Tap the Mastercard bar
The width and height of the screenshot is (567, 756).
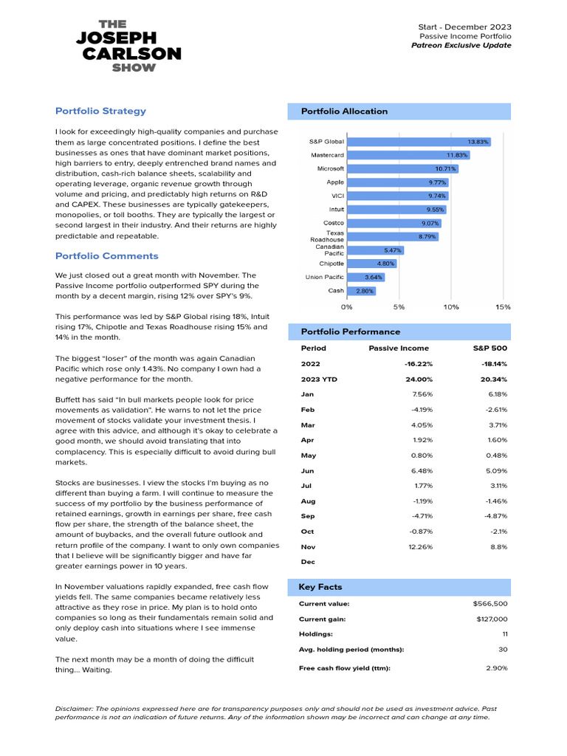pos(408,155)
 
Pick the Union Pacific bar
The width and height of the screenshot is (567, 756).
pos(365,277)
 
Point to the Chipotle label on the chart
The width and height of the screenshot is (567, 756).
pos(331,264)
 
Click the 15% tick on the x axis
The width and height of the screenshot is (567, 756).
pos(502,306)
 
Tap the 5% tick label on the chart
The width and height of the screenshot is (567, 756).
pos(399,306)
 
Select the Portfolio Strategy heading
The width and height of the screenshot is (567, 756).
pos(100,111)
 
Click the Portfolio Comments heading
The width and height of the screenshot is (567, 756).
pos(106,256)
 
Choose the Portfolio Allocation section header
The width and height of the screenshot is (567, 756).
pos(344,111)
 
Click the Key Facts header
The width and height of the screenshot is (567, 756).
pos(320,587)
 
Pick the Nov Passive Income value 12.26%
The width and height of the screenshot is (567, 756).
pos(419,546)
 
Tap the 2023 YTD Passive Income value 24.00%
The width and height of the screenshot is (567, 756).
pos(419,379)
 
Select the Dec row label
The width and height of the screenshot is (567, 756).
pos(308,562)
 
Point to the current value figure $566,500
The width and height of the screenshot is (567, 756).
pos(490,604)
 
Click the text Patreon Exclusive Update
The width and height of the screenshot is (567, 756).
pos(461,46)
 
